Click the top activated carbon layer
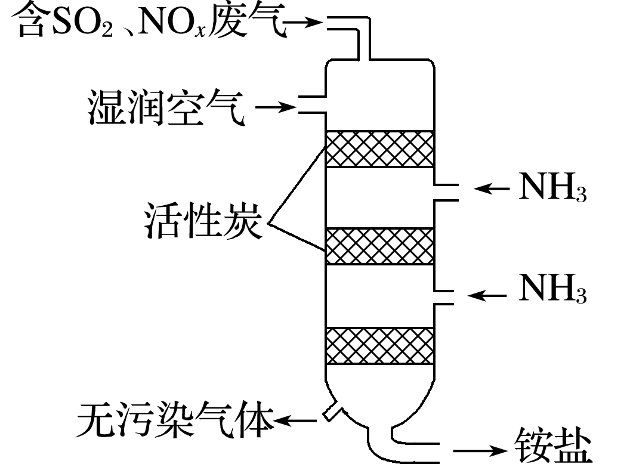click(x=379, y=149)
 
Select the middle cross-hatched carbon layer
click(x=379, y=246)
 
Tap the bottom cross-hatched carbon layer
click(x=379, y=345)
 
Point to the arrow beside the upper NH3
click(x=492, y=188)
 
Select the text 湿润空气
click(x=166, y=107)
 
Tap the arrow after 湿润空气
click(x=276, y=108)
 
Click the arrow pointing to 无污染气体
click(x=296, y=422)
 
